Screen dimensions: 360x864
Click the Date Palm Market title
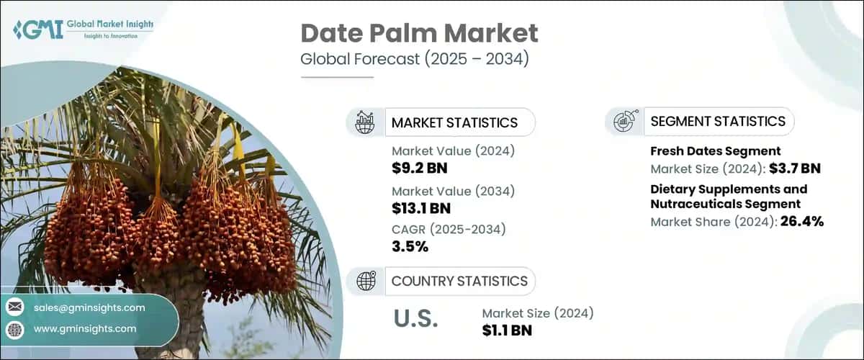[419, 33]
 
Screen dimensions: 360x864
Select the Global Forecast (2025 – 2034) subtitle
[415, 59]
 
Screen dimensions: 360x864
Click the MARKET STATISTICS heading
[454, 122]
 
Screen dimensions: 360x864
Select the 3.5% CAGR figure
[410, 248]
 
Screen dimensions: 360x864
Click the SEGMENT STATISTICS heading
[718, 121]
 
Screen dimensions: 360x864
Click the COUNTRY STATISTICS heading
[459, 281]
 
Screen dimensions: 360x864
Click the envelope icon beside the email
[14, 307]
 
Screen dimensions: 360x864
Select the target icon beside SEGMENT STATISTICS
[624, 122]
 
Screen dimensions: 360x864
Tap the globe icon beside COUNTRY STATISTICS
[366, 281]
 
